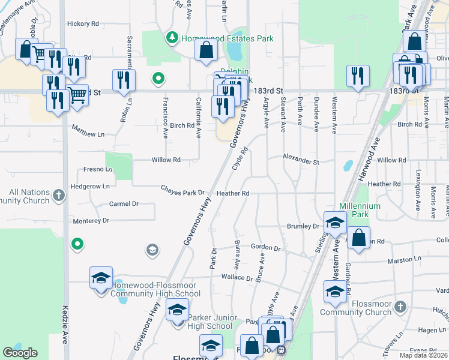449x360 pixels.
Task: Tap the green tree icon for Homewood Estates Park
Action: click(173, 38)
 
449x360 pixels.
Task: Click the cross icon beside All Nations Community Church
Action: click(58, 194)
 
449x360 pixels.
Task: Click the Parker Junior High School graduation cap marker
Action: click(177, 311)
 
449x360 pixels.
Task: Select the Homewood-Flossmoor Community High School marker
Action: click(101, 278)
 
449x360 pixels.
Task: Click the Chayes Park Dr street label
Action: click(183, 190)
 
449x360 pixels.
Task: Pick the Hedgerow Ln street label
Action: click(89, 186)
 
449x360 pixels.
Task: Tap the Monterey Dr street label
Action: click(91, 221)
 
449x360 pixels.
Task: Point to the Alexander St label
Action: click(301, 160)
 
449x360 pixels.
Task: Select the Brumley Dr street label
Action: click(303, 226)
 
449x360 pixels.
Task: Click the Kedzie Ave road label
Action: click(65, 325)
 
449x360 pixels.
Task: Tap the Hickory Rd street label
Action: click(83, 24)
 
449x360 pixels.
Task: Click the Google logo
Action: click(20, 353)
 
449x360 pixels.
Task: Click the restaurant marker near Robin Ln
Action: click(124, 80)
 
